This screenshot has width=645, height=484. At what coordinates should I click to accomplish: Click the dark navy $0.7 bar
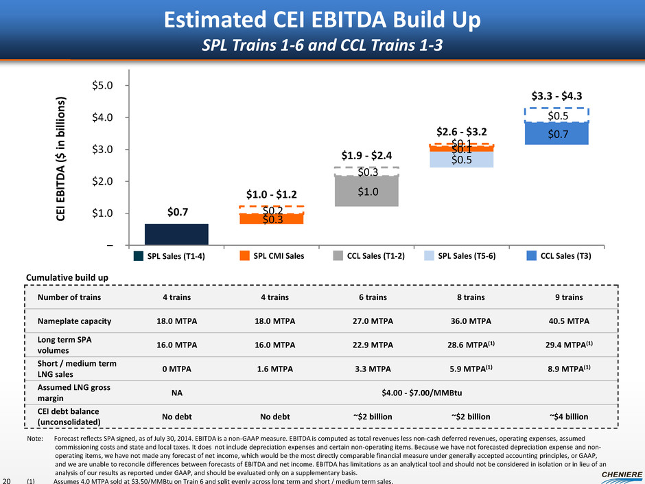(176, 234)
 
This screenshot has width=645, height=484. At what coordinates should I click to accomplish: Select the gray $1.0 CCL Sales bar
(367, 192)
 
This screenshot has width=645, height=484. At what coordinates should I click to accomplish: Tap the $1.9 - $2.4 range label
(367, 156)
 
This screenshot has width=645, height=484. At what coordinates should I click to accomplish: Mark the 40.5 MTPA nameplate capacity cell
(564, 321)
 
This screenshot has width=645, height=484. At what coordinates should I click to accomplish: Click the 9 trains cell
(564, 297)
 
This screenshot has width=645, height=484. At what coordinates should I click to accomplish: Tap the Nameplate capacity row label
(74, 321)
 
